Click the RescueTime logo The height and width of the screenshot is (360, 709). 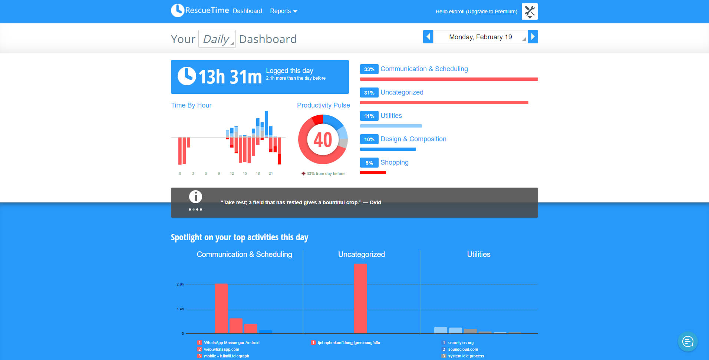point(200,10)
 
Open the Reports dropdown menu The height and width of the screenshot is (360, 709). point(283,11)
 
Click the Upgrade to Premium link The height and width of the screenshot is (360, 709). point(491,11)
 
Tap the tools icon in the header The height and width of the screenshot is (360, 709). point(530,11)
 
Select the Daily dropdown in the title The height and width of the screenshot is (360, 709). point(217,39)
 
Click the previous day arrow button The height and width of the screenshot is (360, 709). point(428,37)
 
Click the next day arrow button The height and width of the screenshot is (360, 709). point(533,37)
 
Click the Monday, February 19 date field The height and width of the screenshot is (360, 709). point(480,37)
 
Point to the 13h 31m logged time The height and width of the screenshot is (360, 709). point(230,77)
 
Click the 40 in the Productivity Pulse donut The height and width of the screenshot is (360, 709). point(323,140)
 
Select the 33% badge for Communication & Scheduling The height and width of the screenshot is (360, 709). point(369,69)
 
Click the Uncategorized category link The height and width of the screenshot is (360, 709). point(402,92)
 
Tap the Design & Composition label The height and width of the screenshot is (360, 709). point(413,139)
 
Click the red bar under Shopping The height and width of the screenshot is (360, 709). point(373,172)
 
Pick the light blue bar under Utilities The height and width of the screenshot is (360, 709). point(391,126)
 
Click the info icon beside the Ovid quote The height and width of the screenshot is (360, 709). point(195,196)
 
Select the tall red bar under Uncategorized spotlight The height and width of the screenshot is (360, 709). point(360,298)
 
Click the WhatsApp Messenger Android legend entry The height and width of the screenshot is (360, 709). point(231,343)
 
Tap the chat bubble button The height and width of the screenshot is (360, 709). point(687,341)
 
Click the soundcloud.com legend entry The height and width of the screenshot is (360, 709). point(463,349)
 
